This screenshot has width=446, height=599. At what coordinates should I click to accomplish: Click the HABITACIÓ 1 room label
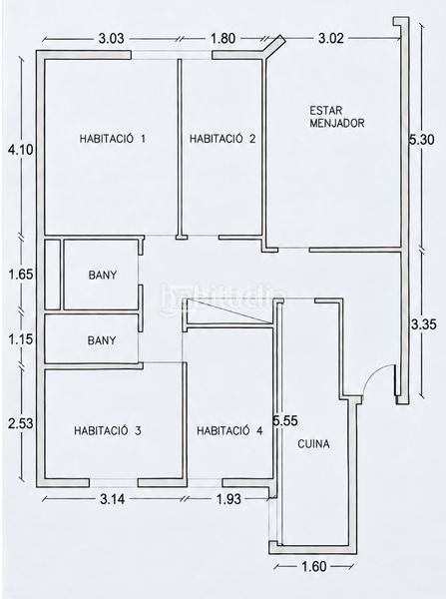click(113, 139)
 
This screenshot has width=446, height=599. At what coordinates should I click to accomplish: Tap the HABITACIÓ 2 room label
click(223, 139)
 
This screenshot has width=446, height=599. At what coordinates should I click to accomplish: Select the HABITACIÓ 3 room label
click(108, 430)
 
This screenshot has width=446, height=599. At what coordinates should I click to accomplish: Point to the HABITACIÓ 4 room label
click(229, 431)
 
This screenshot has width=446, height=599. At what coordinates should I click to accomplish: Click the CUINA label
click(313, 444)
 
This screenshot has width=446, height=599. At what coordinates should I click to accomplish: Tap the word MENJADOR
click(337, 123)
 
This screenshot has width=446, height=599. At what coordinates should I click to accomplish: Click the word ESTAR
click(326, 111)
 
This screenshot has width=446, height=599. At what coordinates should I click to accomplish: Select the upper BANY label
click(103, 275)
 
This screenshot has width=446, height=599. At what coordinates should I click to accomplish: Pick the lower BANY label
click(102, 340)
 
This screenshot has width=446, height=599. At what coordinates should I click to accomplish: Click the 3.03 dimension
click(111, 39)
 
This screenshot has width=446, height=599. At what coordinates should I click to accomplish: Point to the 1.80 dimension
click(223, 39)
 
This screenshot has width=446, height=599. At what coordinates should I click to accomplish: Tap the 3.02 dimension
click(330, 38)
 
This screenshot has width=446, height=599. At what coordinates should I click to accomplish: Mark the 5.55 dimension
click(284, 421)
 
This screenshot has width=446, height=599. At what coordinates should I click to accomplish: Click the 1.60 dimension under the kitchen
click(314, 566)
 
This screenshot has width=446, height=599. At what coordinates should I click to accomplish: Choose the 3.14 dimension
click(112, 499)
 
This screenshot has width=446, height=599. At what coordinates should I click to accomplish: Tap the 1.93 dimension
click(228, 499)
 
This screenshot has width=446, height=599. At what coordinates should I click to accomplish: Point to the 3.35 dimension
click(423, 324)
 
